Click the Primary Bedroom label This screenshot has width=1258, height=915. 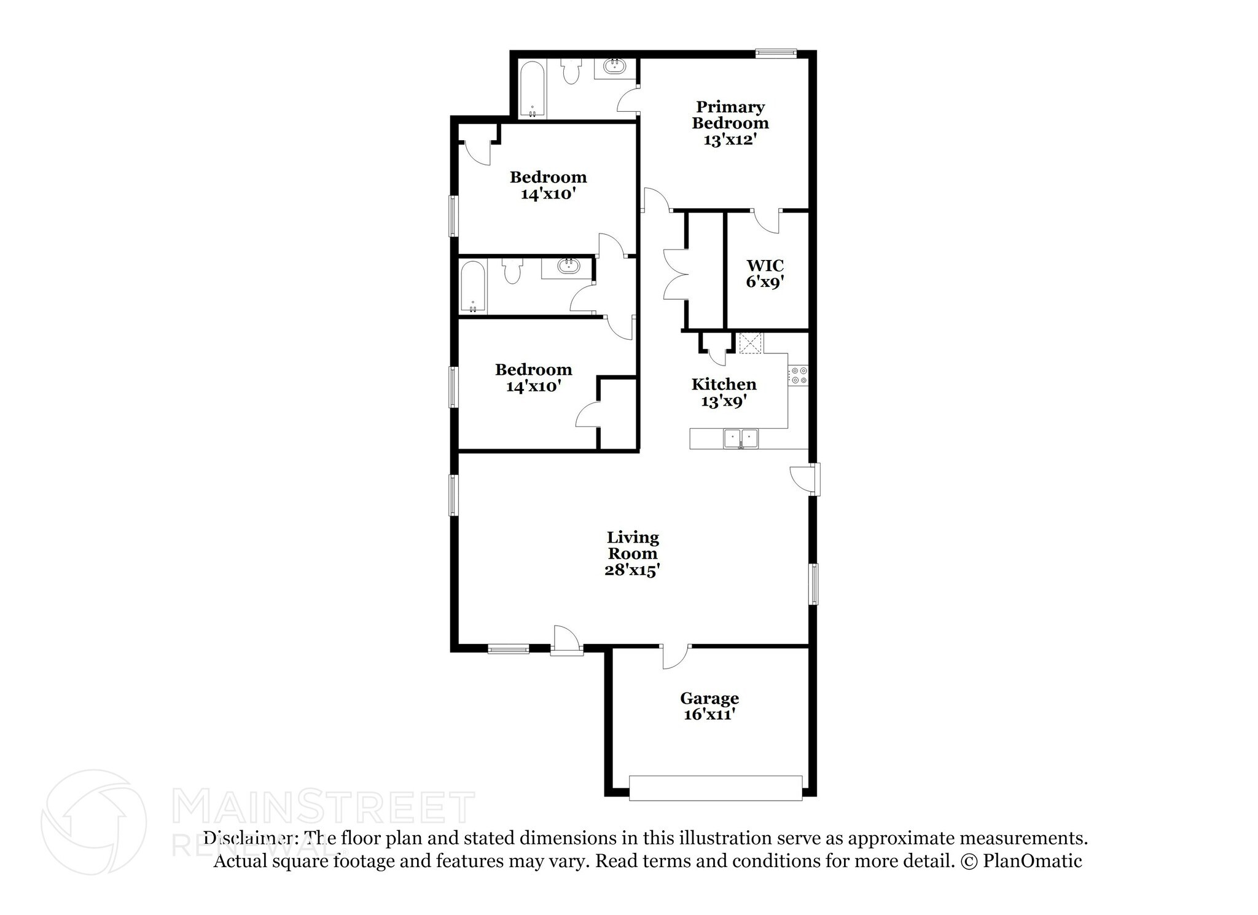[x=730, y=123]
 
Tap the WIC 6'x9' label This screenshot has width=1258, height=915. [x=765, y=274]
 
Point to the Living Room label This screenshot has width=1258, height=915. [x=632, y=554]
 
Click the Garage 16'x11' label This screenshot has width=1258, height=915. [x=709, y=706]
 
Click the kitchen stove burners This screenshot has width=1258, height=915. [x=799, y=375]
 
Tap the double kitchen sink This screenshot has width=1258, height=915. [x=741, y=439]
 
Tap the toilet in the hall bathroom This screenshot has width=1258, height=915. [x=512, y=270]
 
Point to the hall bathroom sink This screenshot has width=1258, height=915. [x=568, y=267]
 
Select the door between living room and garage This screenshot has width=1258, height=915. [x=675, y=656]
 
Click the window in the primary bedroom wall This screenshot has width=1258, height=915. [x=776, y=53]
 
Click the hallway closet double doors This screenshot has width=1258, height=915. [x=674, y=274]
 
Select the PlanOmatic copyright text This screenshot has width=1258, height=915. [x=1020, y=861]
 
